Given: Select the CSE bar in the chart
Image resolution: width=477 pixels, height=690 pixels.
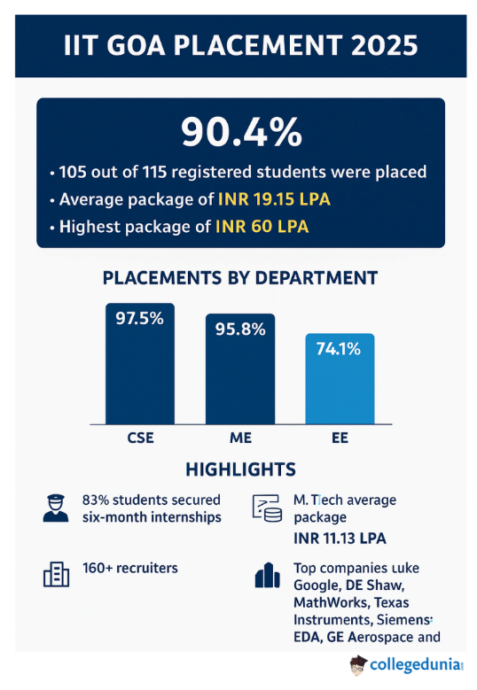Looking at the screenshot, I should pyautogui.click(x=140, y=372).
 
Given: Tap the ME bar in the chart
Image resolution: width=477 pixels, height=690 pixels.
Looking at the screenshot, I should pyautogui.click(x=240, y=376).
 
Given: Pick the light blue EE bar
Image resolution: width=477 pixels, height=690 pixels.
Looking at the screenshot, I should pyautogui.click(x=340, y=385).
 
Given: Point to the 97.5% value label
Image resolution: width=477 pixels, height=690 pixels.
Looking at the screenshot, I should pyautogui.click(x=140, y=319).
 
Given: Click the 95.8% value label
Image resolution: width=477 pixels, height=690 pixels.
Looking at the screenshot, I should pyautogui.click(x=240, y=329).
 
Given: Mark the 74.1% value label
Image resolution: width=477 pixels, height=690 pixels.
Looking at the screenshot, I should pyautogui.click(x=340, y=349).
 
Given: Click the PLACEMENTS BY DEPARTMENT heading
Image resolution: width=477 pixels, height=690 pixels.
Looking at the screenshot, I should pyautogui.click(x=240, y=278).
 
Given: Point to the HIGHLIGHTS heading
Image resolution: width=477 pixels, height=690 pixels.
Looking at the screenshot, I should pyautogui.click(x=240, y=469).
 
